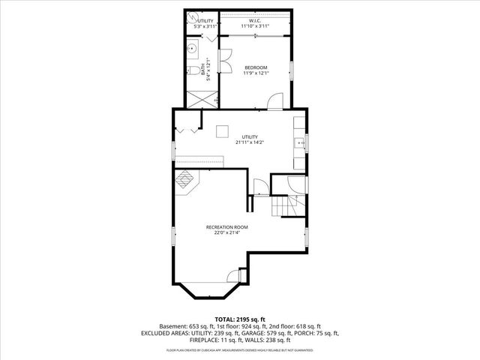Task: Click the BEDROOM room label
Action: pos(255,67)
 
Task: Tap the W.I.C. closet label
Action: pos(255,21)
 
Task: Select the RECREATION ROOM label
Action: pos(226,226)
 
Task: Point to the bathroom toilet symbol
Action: pos(193,71)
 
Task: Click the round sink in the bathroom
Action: pos(190,48)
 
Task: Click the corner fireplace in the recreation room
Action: pos(184,179)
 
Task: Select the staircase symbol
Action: pos(288,205)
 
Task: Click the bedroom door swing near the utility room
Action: pos(277,101)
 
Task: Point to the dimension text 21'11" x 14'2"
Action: pos(249,142)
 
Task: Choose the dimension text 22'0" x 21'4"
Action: pos(226,232)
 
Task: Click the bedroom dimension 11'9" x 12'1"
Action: pos(255,73)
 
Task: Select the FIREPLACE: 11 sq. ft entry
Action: pos(218,340)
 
